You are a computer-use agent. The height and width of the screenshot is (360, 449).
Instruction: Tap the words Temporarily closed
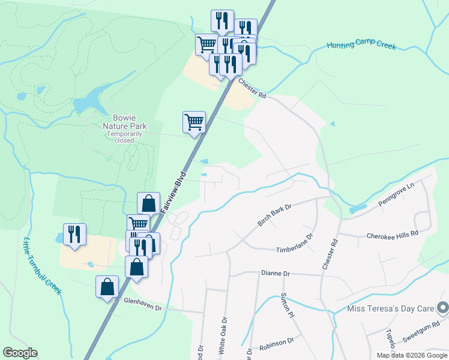point(125,137)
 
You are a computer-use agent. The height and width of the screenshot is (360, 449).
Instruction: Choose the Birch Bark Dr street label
point(274,214)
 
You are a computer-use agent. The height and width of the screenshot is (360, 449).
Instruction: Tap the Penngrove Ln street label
point(396,195)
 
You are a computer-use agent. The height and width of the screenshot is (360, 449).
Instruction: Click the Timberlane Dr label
point(295,244)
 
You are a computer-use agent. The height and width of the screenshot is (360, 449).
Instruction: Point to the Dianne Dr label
point(276,274)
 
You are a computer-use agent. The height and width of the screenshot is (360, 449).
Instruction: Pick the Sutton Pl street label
point(288,305)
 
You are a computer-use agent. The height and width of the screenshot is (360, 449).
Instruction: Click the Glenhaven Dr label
point(143,307)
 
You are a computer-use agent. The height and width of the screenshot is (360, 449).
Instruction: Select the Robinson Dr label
point(277,343)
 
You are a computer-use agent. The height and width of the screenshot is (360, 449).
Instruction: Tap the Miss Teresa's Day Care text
point(391,309)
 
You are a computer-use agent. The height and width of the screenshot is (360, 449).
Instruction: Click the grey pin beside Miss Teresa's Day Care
point(442,308)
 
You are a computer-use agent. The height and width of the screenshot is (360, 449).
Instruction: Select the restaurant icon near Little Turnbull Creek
point(74,235)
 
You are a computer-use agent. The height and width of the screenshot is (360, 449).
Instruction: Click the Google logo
point(20,353)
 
